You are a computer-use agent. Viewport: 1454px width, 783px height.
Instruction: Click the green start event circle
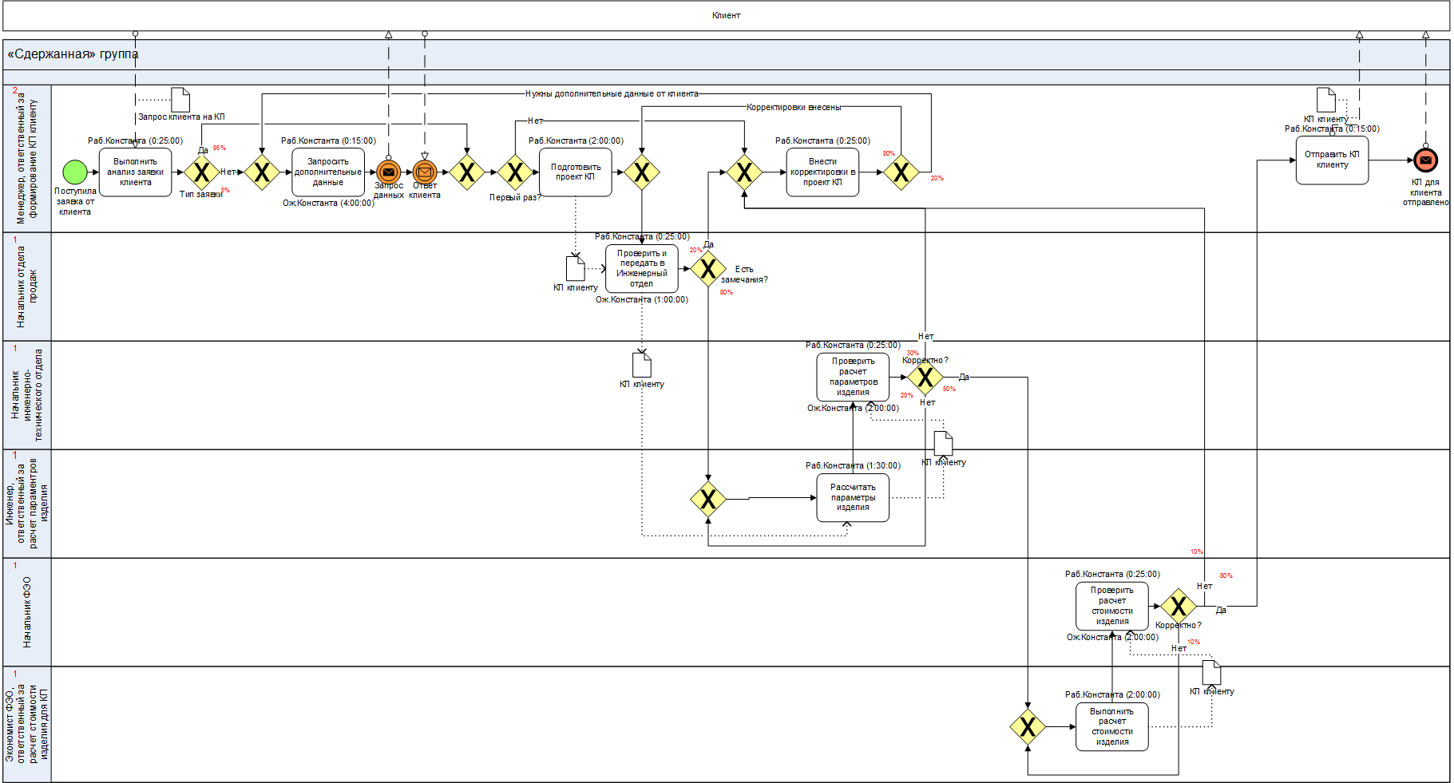[x=74, y=172]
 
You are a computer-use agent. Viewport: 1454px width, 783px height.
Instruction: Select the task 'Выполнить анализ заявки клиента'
[x=135, y=172]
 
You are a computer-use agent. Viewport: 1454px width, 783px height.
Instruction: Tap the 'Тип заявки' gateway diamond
[x=202, y=172]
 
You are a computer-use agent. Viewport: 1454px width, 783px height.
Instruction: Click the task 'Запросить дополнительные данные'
[x=327, y=172]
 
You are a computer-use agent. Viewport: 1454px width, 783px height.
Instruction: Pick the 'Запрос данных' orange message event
[x=389, y=172]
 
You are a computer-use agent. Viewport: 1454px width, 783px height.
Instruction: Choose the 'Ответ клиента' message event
[x=425, y=172]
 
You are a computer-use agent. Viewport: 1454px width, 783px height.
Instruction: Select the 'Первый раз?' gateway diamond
[x=515, y=172]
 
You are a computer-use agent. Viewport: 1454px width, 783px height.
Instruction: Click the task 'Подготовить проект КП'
[x=575, y=172]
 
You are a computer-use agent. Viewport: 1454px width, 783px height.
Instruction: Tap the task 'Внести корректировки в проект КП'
[x=822, y=172]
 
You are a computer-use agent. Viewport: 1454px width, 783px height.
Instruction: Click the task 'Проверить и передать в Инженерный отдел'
[x=641, y=268]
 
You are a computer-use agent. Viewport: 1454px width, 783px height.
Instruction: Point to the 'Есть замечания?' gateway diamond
[x=708, y=268]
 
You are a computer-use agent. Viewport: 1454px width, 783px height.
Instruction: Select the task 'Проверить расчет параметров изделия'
[x=853, y=377]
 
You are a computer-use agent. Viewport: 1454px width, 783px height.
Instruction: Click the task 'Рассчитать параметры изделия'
[x=853, y=497]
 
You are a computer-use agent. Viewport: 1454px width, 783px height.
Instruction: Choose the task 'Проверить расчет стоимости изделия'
[x=1111, y=606]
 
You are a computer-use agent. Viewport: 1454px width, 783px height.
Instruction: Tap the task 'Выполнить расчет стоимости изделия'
[x=1111, y=726]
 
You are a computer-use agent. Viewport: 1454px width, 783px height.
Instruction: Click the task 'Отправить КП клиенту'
[x=1332, y=160]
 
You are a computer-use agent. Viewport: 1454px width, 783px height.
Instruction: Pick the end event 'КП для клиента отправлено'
[x=1425, y=160]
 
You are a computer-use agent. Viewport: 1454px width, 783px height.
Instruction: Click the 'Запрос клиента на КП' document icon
[x=180, y=100]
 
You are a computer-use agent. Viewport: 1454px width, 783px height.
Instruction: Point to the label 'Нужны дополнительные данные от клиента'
[x=612, y=93]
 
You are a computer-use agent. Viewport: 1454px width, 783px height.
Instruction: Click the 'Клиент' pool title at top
[x=726, y=15]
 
